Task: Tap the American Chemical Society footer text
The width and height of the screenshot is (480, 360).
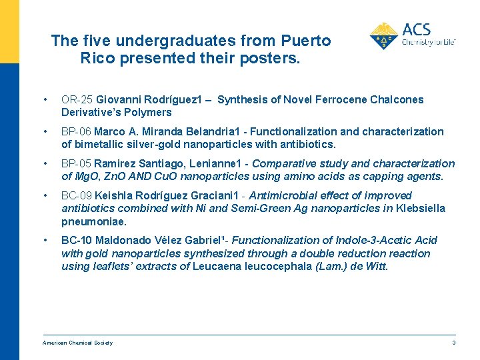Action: point(77,343)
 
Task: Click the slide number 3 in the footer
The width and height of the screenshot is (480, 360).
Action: point(453,343)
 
